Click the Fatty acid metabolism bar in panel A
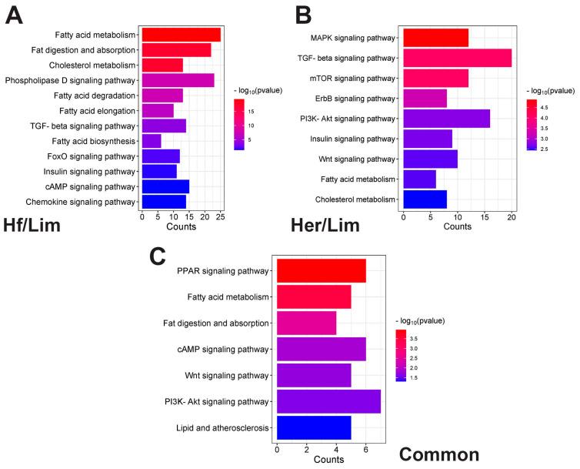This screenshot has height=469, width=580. pyautogui.click(x=181, y=35)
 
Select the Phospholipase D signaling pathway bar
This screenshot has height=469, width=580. pyautogui.click(x=178, y=80)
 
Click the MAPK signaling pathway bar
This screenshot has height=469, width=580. pyautogui.click(x=435, y=37)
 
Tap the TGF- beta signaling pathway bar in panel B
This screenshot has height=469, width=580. pyautogui.click(x=457, y=58)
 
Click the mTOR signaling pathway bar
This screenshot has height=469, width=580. pyautogui.click(x=435, y=78)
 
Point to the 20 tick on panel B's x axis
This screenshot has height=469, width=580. pyautogui.click(x=512, y=217)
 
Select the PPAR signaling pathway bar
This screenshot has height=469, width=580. pyautogui.click(x=321, y=271)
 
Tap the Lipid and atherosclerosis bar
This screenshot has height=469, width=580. pyautogui.click(x=313, y=427)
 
